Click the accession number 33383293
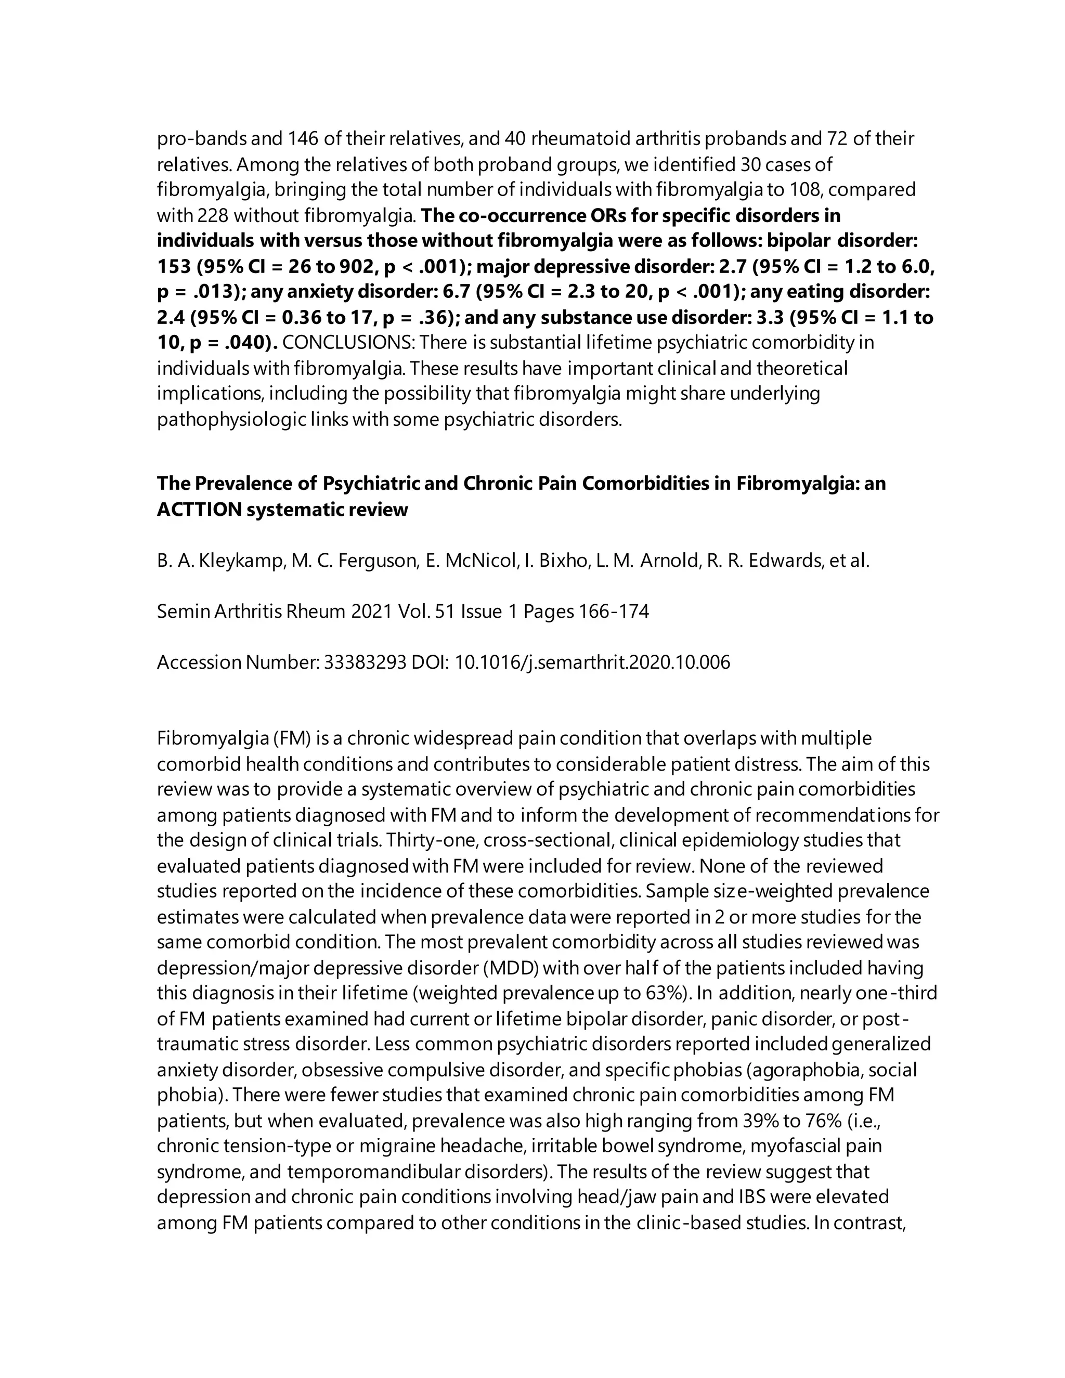pos(365,662)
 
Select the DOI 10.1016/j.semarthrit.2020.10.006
pos(592,662)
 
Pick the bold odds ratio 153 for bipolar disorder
pos(174,266)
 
